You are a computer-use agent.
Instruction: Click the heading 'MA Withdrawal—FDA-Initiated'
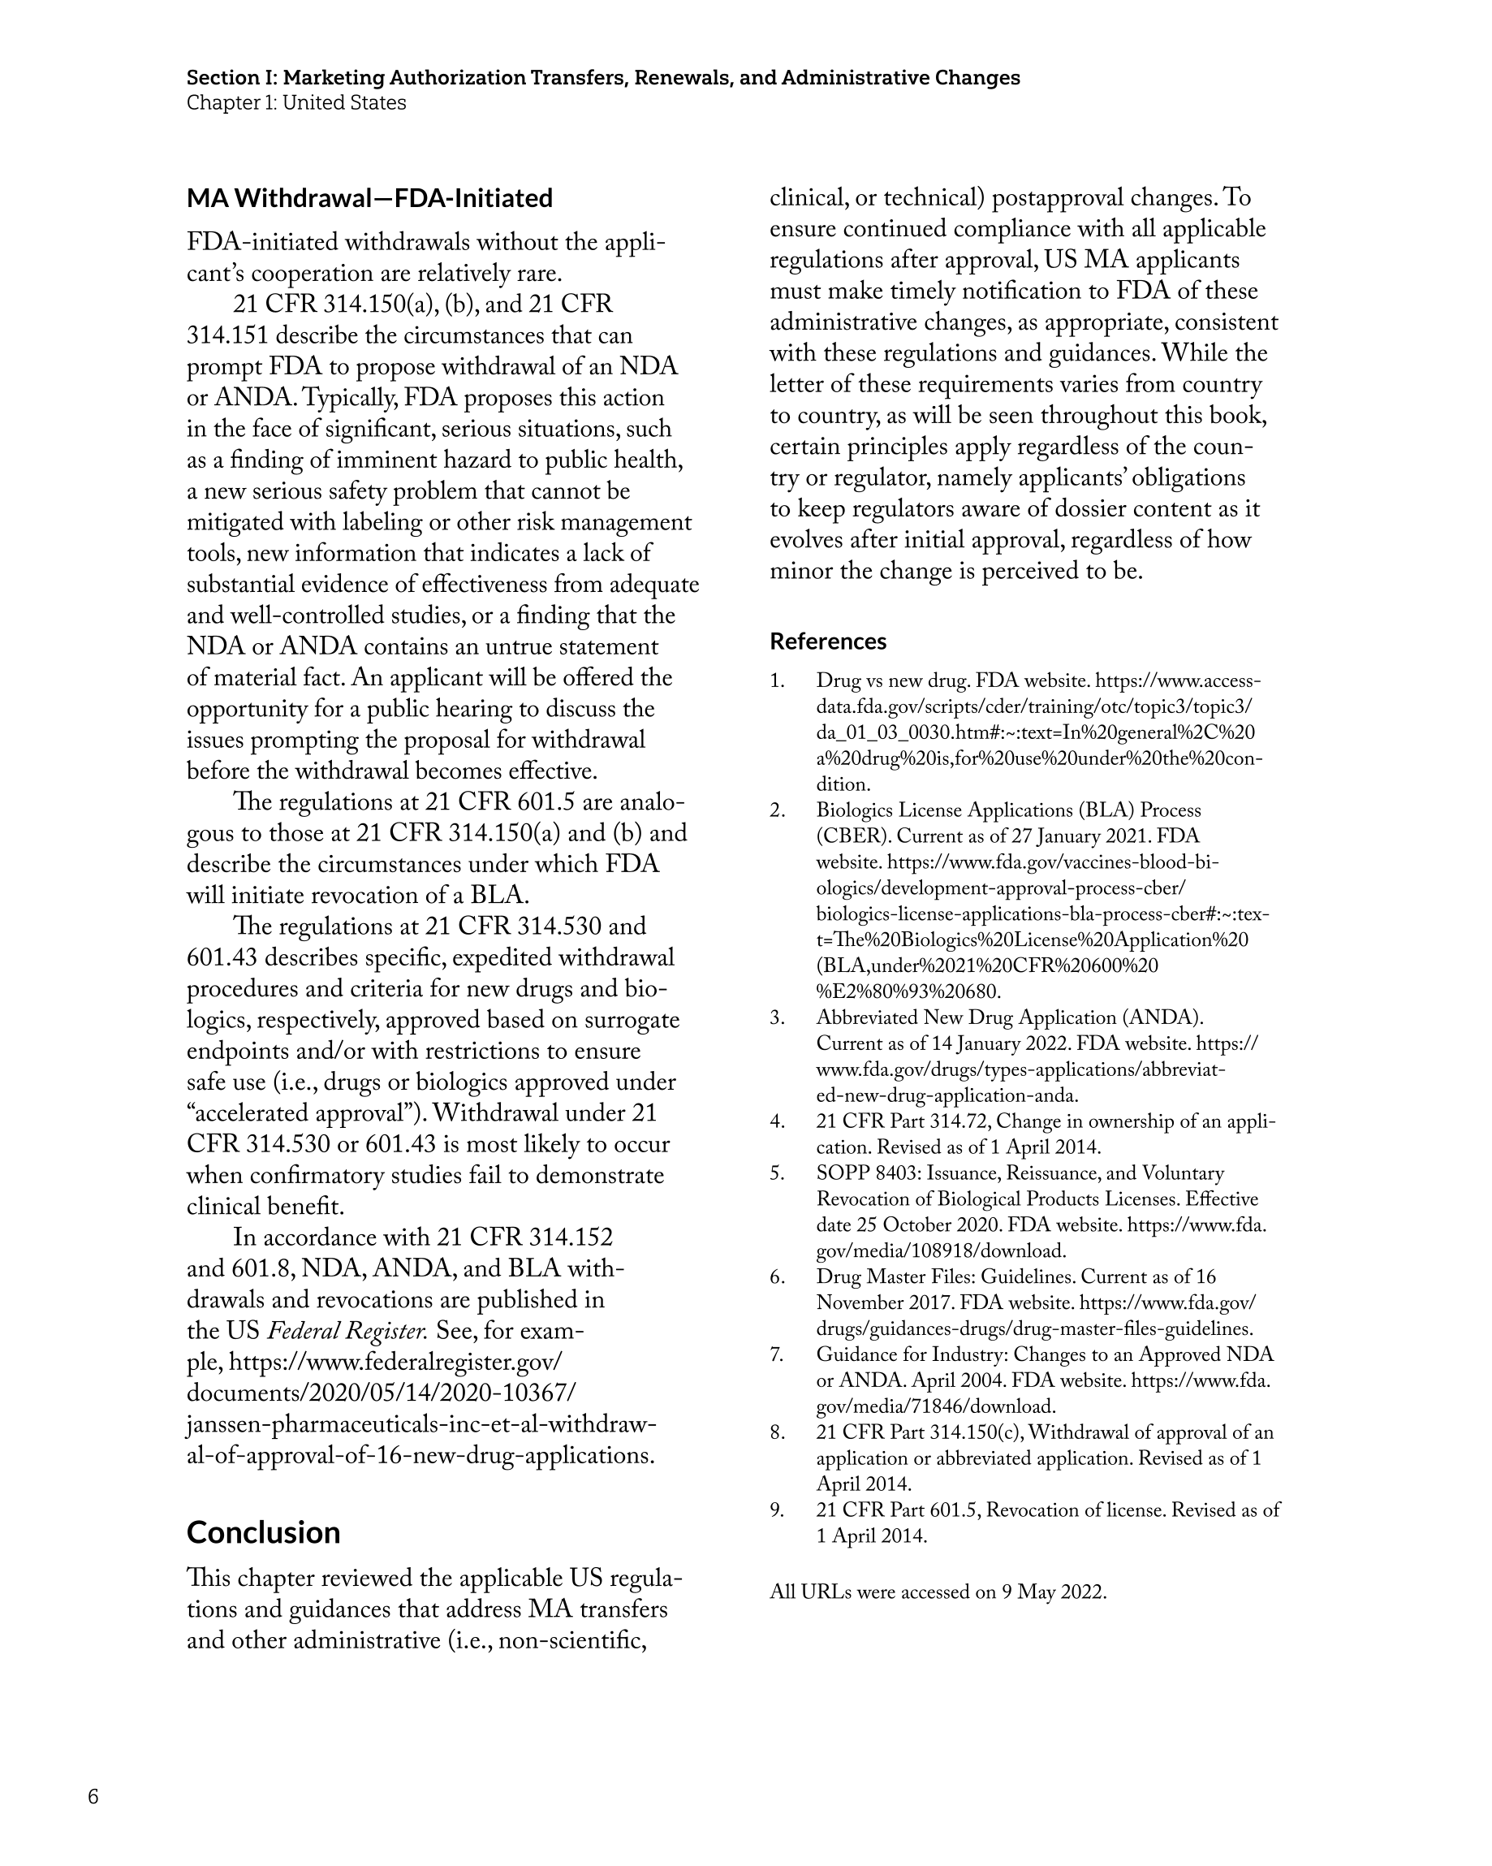point(369,198)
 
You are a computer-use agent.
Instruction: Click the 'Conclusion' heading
point(263,1533)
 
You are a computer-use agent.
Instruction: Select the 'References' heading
point(827,641)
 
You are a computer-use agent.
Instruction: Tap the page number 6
point(93,1797)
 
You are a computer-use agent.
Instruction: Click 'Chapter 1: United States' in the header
point(296,103)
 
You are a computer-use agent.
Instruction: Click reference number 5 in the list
point(776,1173)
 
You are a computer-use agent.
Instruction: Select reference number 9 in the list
point(776,1510)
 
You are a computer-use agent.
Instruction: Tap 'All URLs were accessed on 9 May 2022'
point(938,1592)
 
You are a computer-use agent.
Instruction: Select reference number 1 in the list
point(776,681)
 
